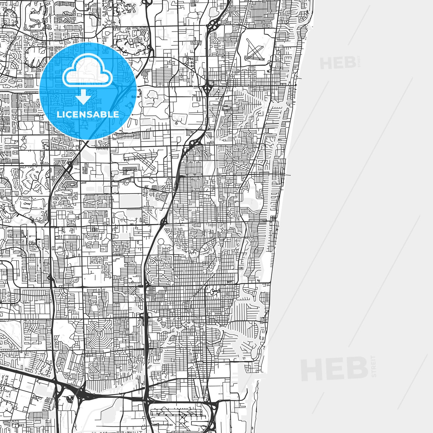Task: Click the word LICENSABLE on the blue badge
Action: [88, 114]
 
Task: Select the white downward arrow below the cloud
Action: [83, 98]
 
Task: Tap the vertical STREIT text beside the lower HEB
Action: [374, 367]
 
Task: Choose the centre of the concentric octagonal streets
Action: [99, 334]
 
